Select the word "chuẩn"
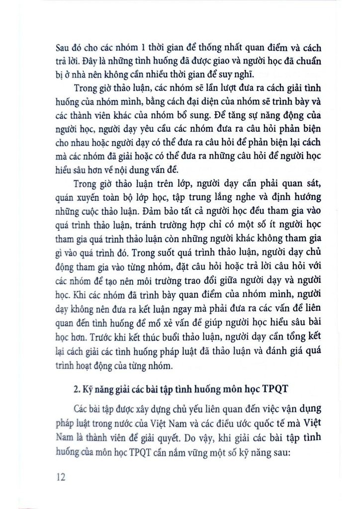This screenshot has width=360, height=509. click(305, 63)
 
